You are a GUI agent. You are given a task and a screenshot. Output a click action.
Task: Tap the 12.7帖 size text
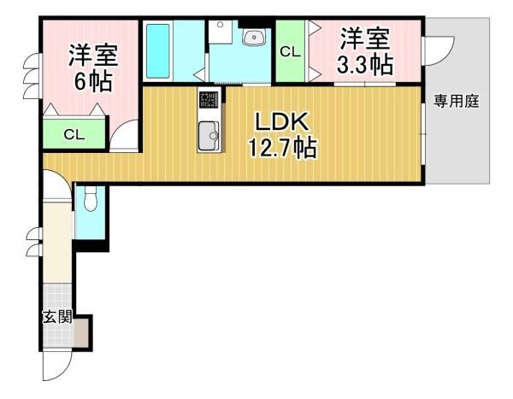click(282, 149)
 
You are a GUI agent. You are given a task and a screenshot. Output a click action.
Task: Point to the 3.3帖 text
click(365, 63)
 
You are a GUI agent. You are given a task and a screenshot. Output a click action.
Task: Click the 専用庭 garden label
click(457, 102)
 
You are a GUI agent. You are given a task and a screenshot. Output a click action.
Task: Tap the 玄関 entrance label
click(56, 317)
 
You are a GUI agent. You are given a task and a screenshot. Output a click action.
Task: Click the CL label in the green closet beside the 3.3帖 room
click(290, 52)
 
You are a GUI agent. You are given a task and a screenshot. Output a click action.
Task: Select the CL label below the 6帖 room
click(74, 134)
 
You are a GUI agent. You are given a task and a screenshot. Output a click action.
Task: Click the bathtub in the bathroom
click(160, 50)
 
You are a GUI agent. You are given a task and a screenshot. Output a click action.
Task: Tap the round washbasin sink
click(254, 37)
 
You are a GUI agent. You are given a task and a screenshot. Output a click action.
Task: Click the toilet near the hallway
click(91, 199)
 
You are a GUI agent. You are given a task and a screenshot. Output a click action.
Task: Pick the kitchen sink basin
click(209, 135)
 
